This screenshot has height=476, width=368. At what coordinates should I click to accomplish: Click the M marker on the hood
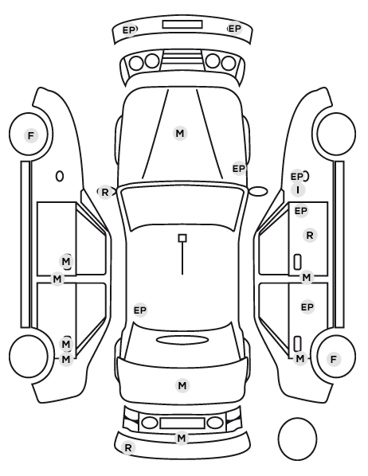tap(180, 133)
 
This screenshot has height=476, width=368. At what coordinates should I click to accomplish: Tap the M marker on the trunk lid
tap(182, 385)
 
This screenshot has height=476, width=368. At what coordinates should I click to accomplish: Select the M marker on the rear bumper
tap(182, 438)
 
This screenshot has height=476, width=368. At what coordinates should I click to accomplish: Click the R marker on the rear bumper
tap(128, 447)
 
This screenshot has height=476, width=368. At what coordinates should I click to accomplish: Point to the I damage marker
tap(298, 190)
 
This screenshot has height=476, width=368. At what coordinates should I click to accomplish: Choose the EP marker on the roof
tap(140, 310)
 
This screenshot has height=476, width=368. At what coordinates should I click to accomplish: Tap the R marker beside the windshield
tap(105, 192)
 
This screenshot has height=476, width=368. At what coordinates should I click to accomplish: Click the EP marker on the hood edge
tap(239, 169)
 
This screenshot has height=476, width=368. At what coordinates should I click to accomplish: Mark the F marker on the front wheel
tap(31, 135)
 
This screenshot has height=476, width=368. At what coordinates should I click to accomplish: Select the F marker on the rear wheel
tap(334, 360)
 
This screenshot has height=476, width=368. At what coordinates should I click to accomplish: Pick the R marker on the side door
tap(310, 236)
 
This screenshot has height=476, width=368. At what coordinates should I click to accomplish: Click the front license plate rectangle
tap(182, 25)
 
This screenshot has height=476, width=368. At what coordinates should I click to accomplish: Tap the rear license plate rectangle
tap(182, 423)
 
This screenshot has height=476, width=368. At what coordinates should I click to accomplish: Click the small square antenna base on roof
tap(182, 238)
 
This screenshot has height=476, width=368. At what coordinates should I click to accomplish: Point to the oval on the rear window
tap(182, 341)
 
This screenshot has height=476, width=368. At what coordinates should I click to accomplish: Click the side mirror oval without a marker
tap(258, 192)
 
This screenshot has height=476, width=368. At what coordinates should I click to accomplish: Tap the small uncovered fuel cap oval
tap(60, 176)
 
